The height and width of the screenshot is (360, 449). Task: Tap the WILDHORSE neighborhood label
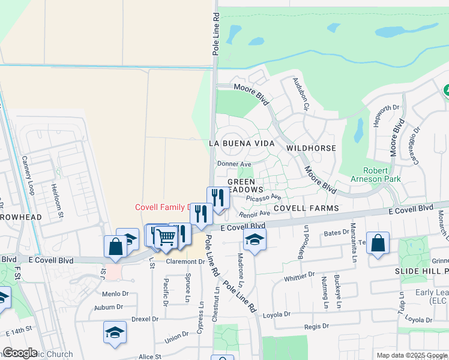click(x=310, y=147)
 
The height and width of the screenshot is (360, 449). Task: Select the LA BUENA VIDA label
click(x=241, y=144)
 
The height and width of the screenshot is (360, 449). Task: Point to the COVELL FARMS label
click(x=306, y=208)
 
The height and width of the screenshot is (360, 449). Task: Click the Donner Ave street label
click(x=234, y=164)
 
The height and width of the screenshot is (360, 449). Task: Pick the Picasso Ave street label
click(x=264, y=197)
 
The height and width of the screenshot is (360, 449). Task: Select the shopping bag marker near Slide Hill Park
click(x=378, y=243)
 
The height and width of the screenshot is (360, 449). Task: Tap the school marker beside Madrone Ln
click(x=255, y=240)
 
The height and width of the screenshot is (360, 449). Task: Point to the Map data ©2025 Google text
click(x=411, y=355)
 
